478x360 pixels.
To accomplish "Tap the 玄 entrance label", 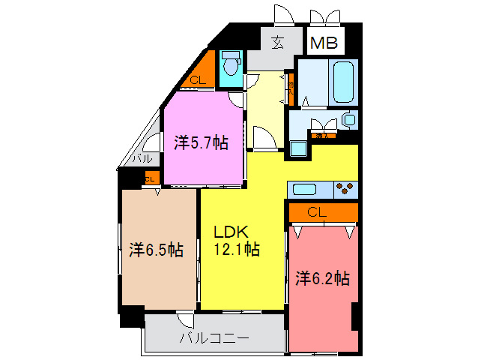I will tap(278, 42).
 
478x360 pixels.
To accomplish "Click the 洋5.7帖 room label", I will tap(202, 142).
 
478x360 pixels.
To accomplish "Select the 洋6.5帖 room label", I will tap(156, 249).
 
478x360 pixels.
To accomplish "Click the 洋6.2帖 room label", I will tap(322, 278).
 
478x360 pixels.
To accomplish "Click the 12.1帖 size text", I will tap(238, 250).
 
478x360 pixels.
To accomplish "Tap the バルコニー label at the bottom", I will tap(214, 338).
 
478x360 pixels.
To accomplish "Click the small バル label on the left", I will tap(142, 159).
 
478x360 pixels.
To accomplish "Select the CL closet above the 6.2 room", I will tap(317, 212).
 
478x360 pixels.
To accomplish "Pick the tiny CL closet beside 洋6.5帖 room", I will tap(149, 178).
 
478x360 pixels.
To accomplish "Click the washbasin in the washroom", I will tap(348, 118).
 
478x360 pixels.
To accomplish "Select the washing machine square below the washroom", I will tap(298, 148).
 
